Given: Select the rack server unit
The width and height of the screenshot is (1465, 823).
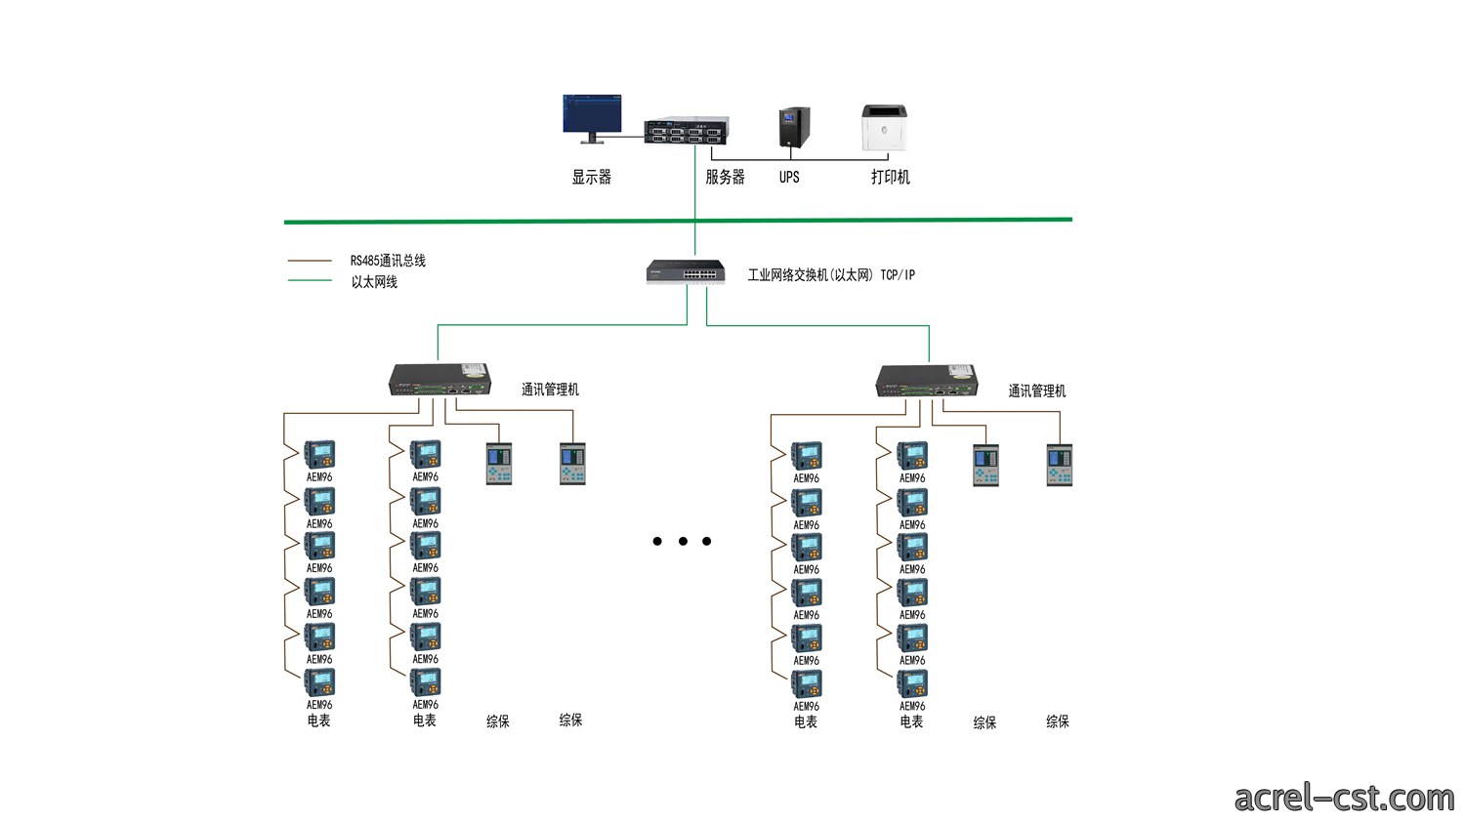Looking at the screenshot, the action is click(686, 130).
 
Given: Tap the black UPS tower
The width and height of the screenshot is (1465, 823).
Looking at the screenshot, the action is click(794, 128).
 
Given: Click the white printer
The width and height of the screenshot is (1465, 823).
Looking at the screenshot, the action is click(884, 128).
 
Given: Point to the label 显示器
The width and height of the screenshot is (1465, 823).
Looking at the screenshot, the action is click(591, 177).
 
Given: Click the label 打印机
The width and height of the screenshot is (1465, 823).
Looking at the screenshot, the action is click(890, 177).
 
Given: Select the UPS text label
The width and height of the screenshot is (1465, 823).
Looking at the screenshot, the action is click(789, 177).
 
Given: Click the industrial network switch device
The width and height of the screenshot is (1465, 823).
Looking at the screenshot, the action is click(686, 272).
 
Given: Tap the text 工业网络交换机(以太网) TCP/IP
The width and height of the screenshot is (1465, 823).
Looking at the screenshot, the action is click(831, 275).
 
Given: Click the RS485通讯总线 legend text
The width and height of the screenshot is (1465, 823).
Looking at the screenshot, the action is click(388, 261).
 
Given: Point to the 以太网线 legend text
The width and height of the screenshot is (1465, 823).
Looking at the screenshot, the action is click(374, 282).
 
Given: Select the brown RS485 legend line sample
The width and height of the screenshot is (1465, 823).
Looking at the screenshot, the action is click(310, 261).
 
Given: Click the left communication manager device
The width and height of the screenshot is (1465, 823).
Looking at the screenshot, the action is click(439, 380).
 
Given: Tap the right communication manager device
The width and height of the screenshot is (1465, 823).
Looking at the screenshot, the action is click(927, 381).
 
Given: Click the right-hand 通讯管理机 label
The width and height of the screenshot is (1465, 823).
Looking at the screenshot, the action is click(1036, 391).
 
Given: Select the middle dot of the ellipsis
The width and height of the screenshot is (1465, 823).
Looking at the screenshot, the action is click(683, 541).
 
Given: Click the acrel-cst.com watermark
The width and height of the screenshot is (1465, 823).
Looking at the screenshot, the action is click(1344, 799).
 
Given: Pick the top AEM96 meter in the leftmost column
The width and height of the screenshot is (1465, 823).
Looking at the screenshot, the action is click(319, 454).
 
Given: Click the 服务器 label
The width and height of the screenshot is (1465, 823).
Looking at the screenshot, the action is click(725, 177).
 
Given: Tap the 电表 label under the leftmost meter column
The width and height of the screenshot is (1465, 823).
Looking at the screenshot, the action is click(318, 720).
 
